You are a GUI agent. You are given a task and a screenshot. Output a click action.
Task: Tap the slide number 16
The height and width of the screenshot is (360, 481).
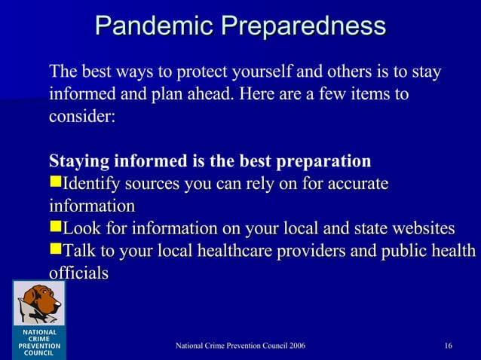(449, 346)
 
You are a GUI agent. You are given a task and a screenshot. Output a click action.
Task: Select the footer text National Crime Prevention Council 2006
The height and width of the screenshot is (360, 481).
(240, 346)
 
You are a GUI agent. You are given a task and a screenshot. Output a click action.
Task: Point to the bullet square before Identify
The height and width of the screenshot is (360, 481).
(54, 185)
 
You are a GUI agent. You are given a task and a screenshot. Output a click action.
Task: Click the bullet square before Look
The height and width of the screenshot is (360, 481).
(54, 228)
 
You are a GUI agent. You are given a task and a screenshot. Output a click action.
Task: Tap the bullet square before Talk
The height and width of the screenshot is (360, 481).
(54, 250)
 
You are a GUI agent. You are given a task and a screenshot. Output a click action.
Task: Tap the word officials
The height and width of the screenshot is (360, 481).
(78, 273)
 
